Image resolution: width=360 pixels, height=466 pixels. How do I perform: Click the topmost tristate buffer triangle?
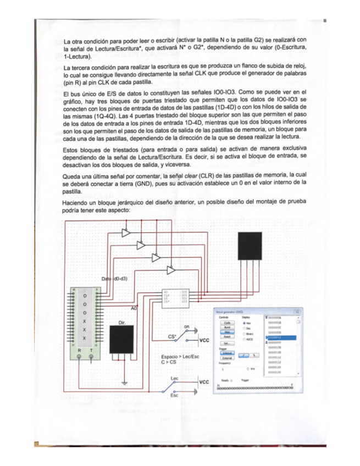(x=126, y=233)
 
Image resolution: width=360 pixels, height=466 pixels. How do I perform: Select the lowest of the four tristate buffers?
(x=171, y=270)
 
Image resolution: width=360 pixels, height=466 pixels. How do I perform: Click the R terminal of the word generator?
(x=79, y=357)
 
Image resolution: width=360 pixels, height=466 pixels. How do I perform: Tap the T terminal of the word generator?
(x=91, y=357)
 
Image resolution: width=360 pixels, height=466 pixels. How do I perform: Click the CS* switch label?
(x=172, y=336)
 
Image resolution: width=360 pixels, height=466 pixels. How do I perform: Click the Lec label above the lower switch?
(x=175, y=379)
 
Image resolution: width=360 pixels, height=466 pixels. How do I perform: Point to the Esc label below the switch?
(x=175, y=395)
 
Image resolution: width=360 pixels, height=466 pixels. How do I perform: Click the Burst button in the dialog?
(x=226, y=326)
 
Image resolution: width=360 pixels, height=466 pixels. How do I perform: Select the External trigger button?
(x=227, y=358)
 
